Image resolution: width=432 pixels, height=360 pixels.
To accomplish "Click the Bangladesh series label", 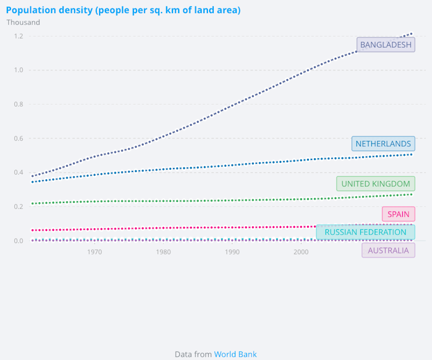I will point(386,45).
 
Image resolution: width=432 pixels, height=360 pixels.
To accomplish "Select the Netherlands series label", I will point(383,144).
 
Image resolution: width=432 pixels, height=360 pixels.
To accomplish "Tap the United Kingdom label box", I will point(376,184).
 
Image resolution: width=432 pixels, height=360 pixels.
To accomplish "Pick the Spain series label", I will point(398,214).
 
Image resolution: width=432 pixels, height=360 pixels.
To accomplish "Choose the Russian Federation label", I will point(366,232).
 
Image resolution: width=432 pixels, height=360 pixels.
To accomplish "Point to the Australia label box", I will point(388,251).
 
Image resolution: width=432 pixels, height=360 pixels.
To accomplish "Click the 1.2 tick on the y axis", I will point(18,36).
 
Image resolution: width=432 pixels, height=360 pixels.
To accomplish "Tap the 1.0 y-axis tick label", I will point(18,71).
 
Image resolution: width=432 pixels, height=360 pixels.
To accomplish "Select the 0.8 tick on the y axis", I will point(18,104).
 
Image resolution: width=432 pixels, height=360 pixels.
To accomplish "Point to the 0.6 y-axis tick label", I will point(18,139).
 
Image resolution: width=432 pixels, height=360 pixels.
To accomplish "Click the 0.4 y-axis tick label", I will point(18,173).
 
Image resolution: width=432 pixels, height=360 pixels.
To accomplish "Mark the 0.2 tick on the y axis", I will point(18,207).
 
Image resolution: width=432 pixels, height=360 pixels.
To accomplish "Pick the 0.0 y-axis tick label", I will point(18,241).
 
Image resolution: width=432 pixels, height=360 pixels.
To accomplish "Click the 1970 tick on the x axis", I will point(95,252).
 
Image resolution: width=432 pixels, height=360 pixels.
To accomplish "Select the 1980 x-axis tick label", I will point(163,252).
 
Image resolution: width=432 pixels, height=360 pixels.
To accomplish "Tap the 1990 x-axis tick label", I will point(231,252).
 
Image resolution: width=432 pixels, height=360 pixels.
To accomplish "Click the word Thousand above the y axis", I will point(23,22).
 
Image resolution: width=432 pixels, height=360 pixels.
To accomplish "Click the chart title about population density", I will point(123,10).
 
